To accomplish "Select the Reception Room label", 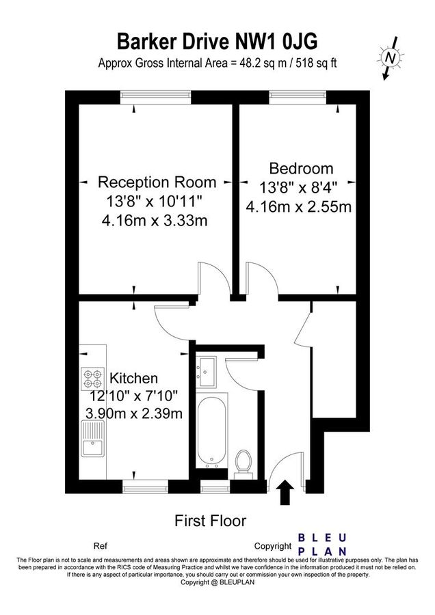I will [x=157, y=182].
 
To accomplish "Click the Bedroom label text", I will [x=301, y=168].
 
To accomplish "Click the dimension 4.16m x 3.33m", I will [x=155, y=221].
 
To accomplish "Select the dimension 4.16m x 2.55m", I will [x=299, y=206].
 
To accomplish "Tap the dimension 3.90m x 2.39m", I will [x=134, y=413].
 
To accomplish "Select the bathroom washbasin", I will [x=206, y=369].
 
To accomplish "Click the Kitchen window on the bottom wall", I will [x=145, y=487].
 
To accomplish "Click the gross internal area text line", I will [x=217, y=63].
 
